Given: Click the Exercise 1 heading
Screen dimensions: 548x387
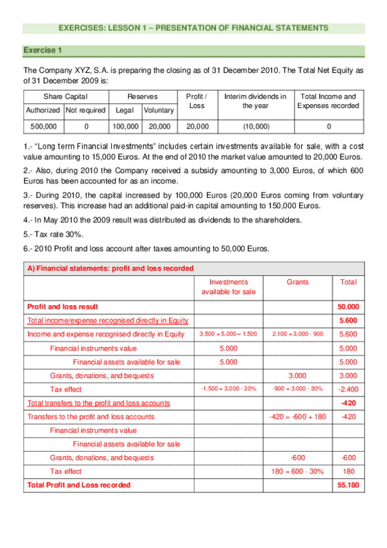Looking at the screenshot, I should tap(43, 50).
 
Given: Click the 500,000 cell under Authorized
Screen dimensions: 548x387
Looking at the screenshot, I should tap(43, 127).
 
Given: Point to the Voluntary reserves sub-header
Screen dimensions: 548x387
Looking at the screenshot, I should tap(158, 111).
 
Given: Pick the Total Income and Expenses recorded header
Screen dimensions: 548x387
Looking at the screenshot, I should tap(328, 101).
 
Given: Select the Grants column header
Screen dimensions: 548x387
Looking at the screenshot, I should tap(297, 282).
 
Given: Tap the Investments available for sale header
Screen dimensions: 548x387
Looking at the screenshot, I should tap(229, 287).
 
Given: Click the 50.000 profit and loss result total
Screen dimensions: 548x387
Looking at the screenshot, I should tap(348, 306).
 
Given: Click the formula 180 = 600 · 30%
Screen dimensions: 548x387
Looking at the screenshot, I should tap(297, 472).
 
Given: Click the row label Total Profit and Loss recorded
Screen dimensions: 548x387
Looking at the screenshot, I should tap(78, 485).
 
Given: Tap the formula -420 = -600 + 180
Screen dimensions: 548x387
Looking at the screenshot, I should tap(297, 417).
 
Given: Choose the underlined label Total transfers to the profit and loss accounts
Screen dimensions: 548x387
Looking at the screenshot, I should tap(98, 403).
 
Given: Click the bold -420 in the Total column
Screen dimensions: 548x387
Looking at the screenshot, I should tap(348, 403).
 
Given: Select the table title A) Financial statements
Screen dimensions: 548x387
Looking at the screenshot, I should tap(110, 268).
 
